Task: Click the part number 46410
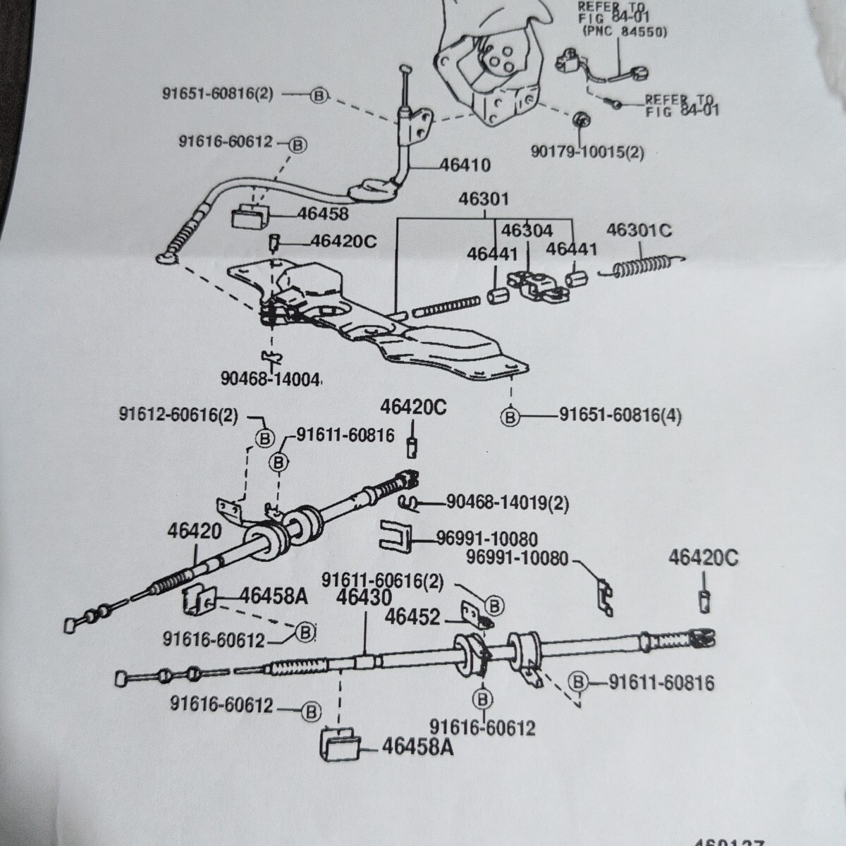pos(465,165)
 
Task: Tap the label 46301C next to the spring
pos(639,231)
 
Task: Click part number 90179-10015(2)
pos(587,152)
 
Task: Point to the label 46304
pos(527,231)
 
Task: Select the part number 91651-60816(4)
pos(620,415)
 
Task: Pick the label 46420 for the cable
pos(195,530)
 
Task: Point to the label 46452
pos(412,617)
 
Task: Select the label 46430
pos(364,597)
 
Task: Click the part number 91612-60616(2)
pos(179,415)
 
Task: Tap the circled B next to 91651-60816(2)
pos(319,94)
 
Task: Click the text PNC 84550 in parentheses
pos(625,31)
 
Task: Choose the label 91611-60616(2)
pos(383,580)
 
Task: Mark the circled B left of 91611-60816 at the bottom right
pos(578,682)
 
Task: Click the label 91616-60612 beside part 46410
pos(225,142)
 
